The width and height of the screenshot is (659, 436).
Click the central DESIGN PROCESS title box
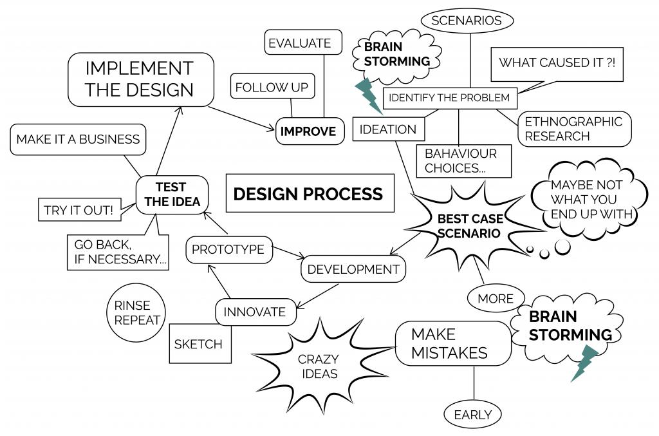pos(309,193)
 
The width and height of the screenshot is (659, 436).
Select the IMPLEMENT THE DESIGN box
pos(140,79)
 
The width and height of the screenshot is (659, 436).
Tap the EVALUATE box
pos(299,43)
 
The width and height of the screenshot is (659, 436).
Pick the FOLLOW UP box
pos(272,87)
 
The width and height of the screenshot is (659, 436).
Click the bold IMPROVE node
pos(308,131)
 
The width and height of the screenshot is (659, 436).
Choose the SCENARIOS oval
pos(467,21)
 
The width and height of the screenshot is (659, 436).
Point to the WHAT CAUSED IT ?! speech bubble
pos(557,63)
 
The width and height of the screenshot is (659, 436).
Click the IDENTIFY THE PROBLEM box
pos(450,98)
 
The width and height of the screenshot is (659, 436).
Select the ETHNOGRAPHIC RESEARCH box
pos(573,129)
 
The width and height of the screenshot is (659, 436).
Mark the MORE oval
pos(496,298)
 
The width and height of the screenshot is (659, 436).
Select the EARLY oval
pos(473,415)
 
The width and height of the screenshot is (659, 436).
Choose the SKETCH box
pos(199,344)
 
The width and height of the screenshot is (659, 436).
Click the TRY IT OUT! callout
pos(79,210)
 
